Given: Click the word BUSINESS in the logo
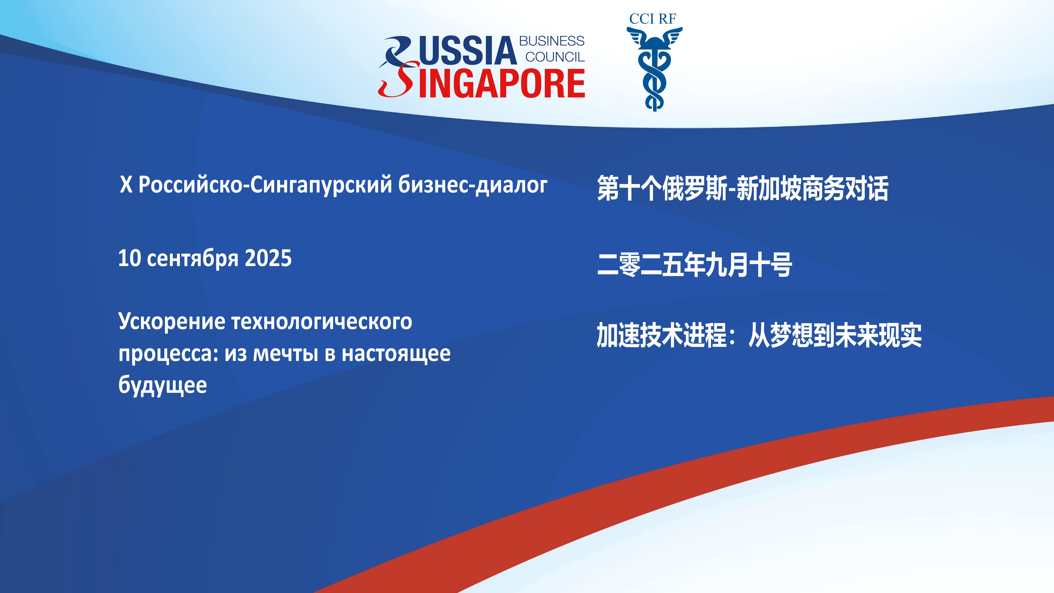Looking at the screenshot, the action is (x=552, y=41).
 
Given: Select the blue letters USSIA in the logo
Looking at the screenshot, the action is (x=468, y=51).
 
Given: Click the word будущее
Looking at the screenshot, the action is (x=162, y=386).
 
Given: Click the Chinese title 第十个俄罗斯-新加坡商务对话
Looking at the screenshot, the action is (x=743, y=188).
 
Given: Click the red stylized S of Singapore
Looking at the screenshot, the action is (x=398, y=80).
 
